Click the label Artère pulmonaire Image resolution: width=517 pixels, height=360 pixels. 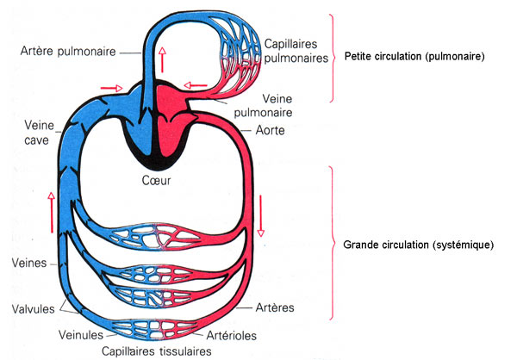point(68,52)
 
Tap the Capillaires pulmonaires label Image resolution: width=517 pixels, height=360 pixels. point(296,51)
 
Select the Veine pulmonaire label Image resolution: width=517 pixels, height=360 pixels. point(263,105)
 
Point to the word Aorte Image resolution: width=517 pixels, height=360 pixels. point(270,131)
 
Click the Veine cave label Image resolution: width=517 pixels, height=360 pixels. point(39,133)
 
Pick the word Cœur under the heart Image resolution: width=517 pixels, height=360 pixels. point(156,180)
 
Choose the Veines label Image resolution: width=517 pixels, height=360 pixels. point(29,263)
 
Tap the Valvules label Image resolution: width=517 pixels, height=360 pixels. point(34,309)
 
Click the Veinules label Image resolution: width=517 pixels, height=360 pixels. point(81,335)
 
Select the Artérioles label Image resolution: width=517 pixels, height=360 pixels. point(232,336)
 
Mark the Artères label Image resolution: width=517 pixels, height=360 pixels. point(275,308)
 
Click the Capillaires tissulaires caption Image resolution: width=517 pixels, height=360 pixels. point(157,351)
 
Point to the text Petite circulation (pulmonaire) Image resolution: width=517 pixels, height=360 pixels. point(414,56)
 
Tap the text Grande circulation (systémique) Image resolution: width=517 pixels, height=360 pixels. point(419,245)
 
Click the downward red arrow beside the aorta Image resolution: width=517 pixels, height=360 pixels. point(261,216)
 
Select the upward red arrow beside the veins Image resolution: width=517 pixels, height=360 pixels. point(51,213)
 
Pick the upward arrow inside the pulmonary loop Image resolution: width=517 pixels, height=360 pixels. point(162,59)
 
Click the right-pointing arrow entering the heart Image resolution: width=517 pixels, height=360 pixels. point(111,88)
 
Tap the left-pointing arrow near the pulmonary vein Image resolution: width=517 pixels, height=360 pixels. point(196,86)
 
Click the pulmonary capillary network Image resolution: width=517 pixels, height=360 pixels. point(240,54)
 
